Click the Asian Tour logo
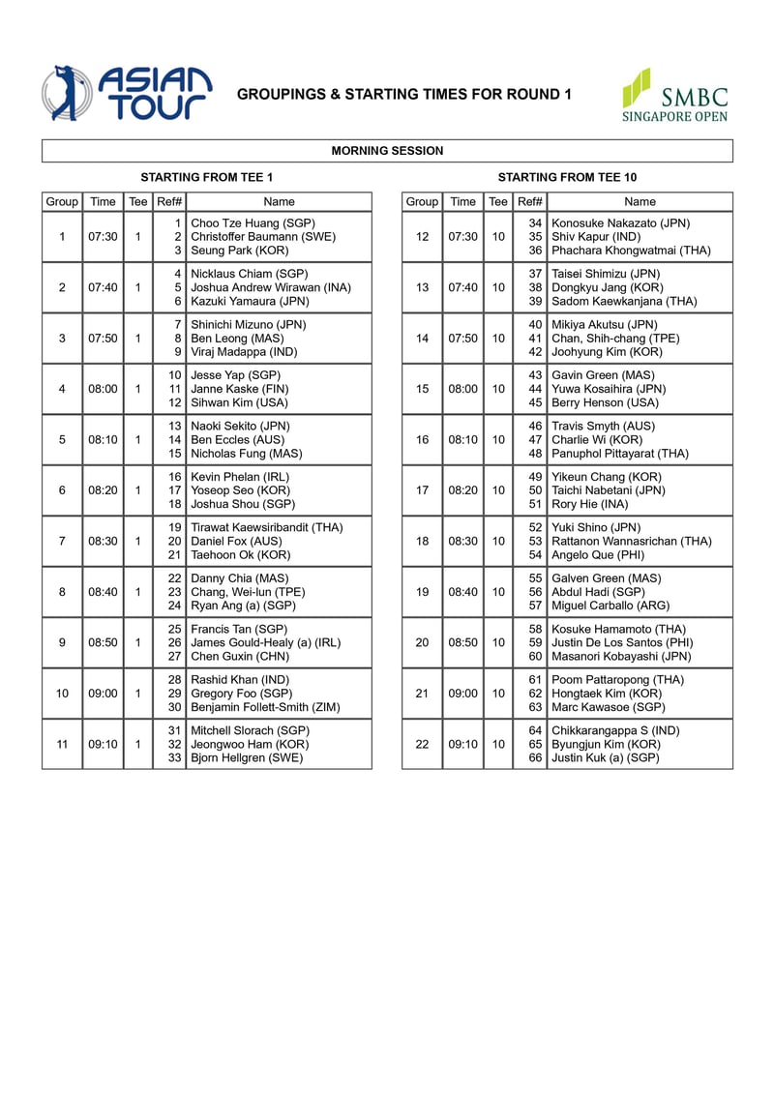coord(126,93)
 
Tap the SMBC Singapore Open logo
coord(674,95)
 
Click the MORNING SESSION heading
coord(387,151)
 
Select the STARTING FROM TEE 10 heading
coord(567,177)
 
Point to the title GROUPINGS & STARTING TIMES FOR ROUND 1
coord(404,94)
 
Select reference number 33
coord(174,758)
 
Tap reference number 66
coord(534,758)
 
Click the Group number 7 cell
coord(62,541)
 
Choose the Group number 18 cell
coord(422,541)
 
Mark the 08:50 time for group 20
coord(463,642)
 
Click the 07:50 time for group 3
coord(103,338)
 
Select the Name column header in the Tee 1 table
coord(279,201)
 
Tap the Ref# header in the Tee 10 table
coord(530,201)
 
